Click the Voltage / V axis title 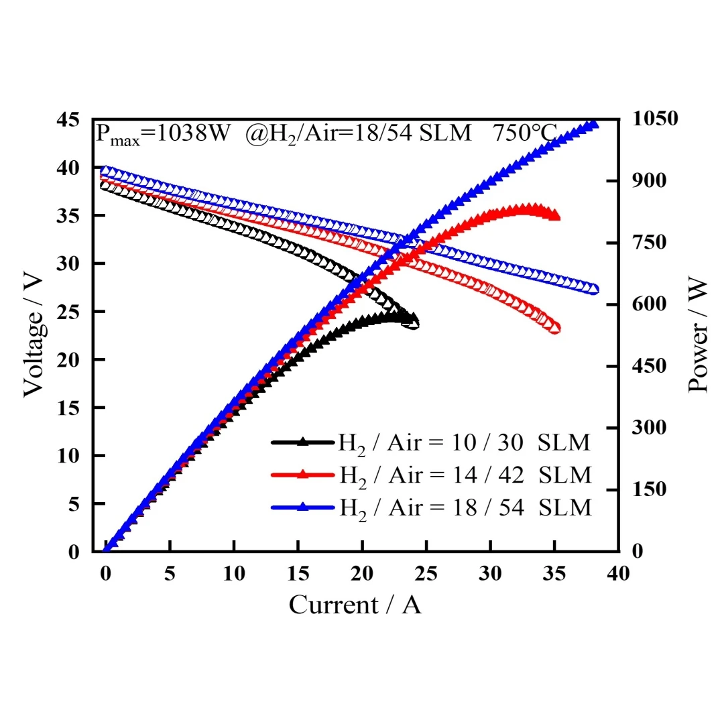[34, 336]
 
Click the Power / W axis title [697, 335]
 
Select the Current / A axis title [355, 605]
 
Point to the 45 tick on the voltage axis [68, 119]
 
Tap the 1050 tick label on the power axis [655, 118]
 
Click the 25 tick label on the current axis [426, 573]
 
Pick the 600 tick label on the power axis [649, 304]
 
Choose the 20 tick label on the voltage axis [68, 360]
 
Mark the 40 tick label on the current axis [618, 573]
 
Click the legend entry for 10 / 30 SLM [431, 443]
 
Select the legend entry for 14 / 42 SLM [431, 475]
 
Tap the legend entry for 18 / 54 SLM [431, 508]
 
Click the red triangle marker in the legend [302, 474]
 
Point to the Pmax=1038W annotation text [162, 134]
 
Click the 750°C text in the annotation [524, 133]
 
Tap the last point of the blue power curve [593, 123]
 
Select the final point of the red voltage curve [556, 328]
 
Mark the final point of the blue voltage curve [594, 290]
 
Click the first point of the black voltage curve [105, 186]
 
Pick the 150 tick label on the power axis [649, 489]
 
